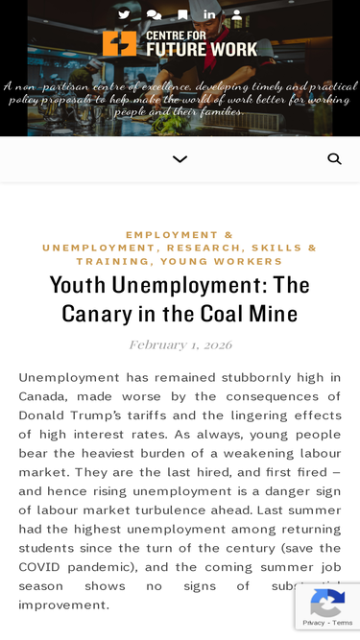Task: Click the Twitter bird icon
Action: coord(124,14)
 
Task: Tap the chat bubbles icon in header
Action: coord(154,14)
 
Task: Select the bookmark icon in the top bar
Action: coord(182,14)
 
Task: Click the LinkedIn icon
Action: coord(209,14)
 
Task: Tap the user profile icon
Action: coord(237,14)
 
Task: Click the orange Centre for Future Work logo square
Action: coord(120,43)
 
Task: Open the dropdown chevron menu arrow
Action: coord(180,159)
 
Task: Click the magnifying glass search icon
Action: coord(334,159)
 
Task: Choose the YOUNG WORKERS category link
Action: coord(222,261)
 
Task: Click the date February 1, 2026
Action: coord(180,344)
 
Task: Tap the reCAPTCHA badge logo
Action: coord(327,604)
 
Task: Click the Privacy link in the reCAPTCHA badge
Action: coord(313,624)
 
